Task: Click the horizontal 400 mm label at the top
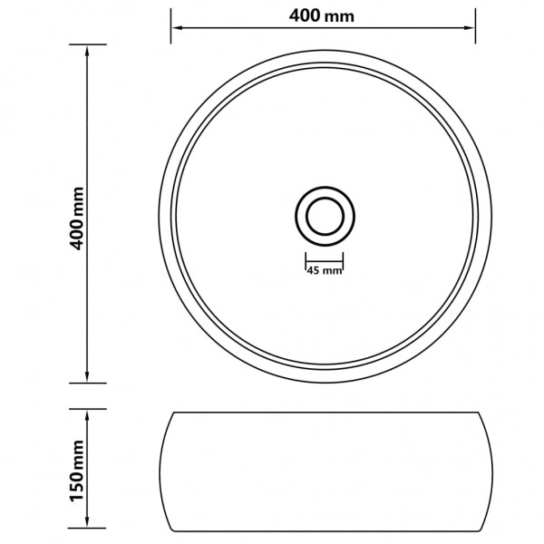pos(323,16)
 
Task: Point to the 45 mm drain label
pos(324,270)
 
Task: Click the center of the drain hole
pos(324,216)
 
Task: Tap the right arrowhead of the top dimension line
pos(470,28)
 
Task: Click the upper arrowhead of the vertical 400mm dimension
pos(87,51)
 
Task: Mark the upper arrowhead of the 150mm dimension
pos(87,413)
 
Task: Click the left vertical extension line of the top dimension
pos(170,25)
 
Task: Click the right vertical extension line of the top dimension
pos(475,25)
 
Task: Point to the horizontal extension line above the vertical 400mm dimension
pos(87,44)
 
